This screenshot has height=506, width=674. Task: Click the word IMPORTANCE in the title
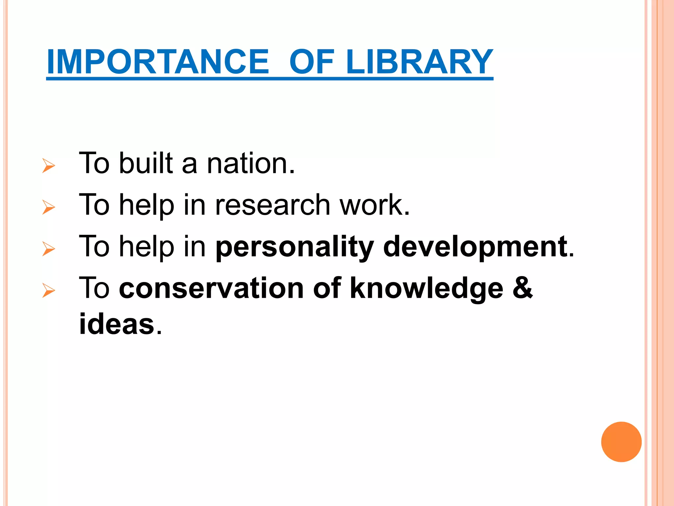[x=158, y=62]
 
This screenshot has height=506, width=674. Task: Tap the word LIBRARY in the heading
[x=419, y=62]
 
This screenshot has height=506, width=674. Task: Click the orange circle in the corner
[x=621, y=442]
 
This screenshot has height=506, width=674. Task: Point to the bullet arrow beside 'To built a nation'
[x=49, y=165]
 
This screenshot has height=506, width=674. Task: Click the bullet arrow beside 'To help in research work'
[x=49, y=207]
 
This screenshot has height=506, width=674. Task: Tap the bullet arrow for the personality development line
[x=49, y=249]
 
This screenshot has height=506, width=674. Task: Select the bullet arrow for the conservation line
[x=49, y=291]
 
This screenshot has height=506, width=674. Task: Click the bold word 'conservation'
[x=212, y=289]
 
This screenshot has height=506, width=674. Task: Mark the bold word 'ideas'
[x=117, y=324]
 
